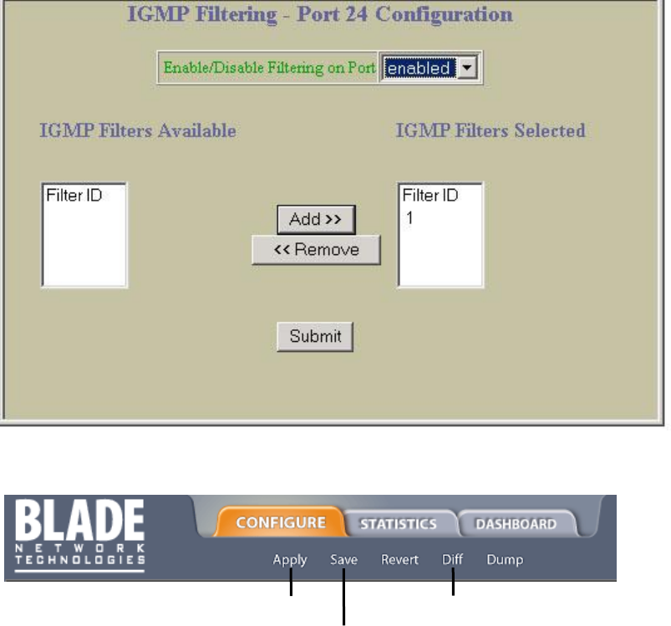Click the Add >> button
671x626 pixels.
click(x=316, y=220)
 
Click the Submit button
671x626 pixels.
click(x=315, y=337)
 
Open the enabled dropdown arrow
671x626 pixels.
click(x=468, y=69)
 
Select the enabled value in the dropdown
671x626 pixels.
click(x=418, y=69)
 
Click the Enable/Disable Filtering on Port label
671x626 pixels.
click(x=268, y=69)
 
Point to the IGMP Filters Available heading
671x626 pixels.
click(x=138, y=131)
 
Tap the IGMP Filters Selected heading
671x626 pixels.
click(x=490, y=131)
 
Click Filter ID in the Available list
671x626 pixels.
click(x=73, y=196)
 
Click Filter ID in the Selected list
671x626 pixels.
click(x=430, y=196)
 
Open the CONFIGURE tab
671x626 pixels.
click(x=281, y=523)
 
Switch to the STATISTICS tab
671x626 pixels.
click(x=399, y=524)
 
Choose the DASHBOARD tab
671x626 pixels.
click(x=516, y=524)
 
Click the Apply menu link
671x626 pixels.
click(x=290, y=560)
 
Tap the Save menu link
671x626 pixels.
click(x=343, y=560)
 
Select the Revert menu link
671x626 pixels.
click(x=399, y=560)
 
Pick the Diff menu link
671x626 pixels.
click(x=452, y=560)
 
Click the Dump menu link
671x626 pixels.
click(x=505, y=560)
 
